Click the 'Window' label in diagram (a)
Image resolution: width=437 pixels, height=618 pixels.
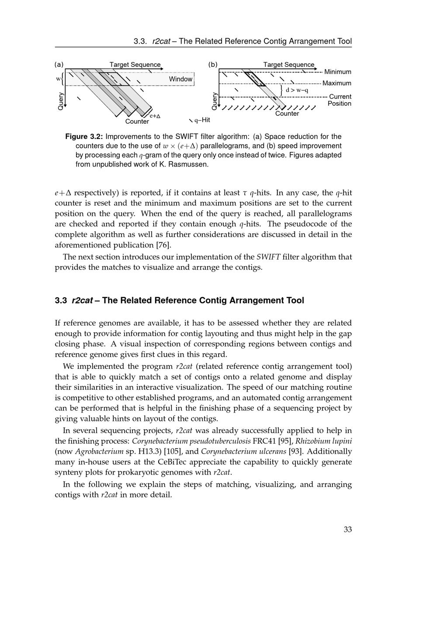pyautogui.click(x=180, y=79)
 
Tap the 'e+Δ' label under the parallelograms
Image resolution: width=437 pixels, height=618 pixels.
pyautogui.click(x=155, y=116)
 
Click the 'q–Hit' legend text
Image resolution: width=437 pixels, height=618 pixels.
pyautogui.click(x=202, y=120)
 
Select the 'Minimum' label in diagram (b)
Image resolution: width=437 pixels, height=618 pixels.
pyautogui.click(x=337, y=72)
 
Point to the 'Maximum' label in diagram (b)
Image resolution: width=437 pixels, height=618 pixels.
pyautogui.click(x=336, y=83)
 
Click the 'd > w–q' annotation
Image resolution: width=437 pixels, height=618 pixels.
pyautogui.click(x=297, y=90)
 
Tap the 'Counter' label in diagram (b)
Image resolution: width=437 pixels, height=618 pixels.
pyautogui.click(x=287, y=114)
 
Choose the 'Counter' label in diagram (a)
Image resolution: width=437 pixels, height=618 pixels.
pyautogui.click(x=137, y=122)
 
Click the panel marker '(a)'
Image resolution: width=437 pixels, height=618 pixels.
pyautogui.click(x=59, y=65)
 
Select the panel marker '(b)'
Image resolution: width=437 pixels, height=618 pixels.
pyautogui.click(x=213, y=65)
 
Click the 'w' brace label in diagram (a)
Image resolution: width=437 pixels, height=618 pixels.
pyautogui.click(x=58, y=79)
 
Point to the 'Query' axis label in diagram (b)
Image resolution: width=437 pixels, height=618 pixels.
pyautogui.click(x=214, y=101)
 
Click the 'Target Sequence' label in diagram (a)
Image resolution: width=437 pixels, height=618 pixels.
pyautogui.click(x=135, y=65)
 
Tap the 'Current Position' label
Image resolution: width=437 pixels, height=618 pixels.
pyautogui.click(x=340, y=100)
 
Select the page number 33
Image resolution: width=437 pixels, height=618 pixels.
pyautogui.click(x=347, y=530)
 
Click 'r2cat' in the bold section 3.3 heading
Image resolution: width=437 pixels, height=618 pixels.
pyautogui.click(x=82, y=301)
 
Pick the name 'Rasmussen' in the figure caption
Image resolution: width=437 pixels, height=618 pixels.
pyautogui.click(x=188, y=165)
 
